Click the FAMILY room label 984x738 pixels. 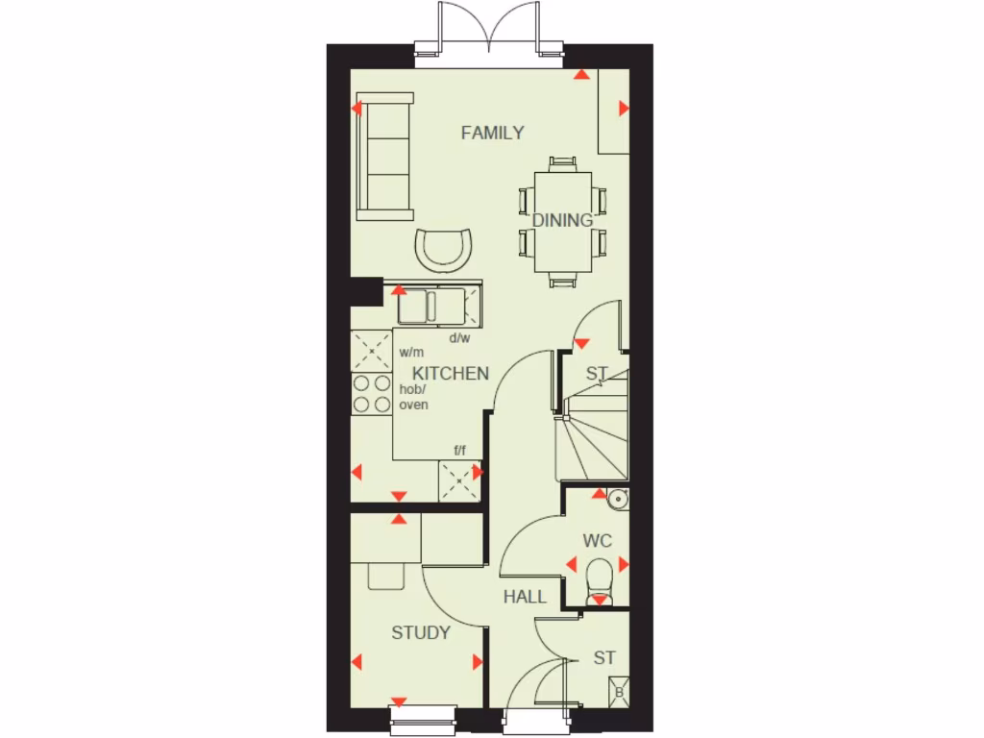pyautogui.click(x=492, y=133)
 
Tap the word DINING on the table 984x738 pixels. pyautogui.click(x=562, y=220)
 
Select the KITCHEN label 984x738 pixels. pyautogui.click(x=451, y=373)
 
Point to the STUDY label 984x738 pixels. pyautogui.click(x=421, y=632)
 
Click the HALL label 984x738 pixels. pyautogui.click(x=525, y=597)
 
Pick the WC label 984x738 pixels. pyautogui.click(x=597, y=541)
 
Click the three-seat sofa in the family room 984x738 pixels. pyautogui.click(x=385, y=156)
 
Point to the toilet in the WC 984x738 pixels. pyautogui.click(x=599, y=579)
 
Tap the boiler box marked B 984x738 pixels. pyautogui.click(x=619, y=692)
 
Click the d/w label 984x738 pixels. pyautogui.click(x=459, y=337)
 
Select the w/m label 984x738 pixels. pyautogui.click(x=411, y=353)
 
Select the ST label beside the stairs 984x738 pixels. pyautogui.click(x=597, y=373)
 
